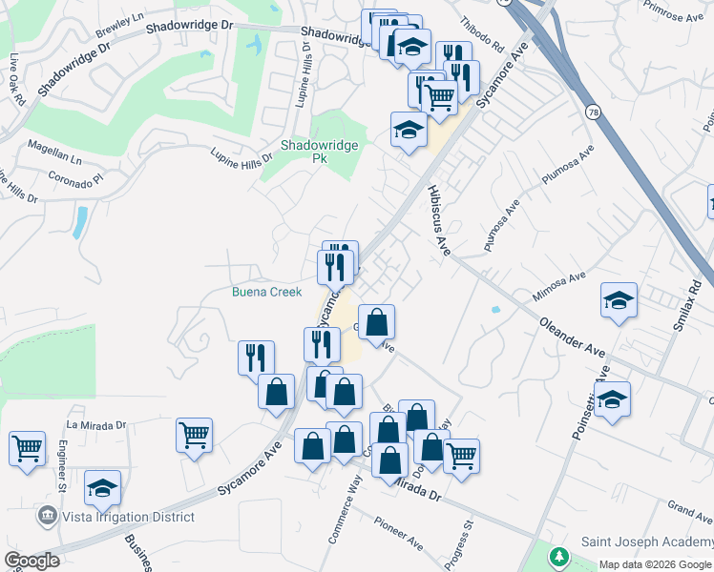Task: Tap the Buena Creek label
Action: [266, 292]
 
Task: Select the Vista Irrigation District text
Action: [128, 517]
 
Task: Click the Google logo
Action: [31, 560]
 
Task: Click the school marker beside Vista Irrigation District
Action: [102, 488]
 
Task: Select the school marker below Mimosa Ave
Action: [619, 300]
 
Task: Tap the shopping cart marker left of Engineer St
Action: [27, 446]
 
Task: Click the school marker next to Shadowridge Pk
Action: [409, 131]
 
